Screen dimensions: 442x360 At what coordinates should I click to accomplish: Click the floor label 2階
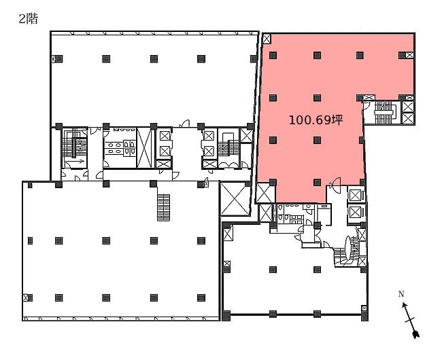28,19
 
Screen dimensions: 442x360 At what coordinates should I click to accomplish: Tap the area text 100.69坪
316,120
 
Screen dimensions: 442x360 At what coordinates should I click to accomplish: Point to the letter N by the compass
401,294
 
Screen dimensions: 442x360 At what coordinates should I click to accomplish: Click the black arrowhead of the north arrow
415,334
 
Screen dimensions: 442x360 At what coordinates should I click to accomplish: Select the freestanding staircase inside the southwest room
163,207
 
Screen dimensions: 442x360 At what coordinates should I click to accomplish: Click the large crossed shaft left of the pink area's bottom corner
235,198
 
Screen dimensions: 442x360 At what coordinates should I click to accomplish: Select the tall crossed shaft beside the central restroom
144,147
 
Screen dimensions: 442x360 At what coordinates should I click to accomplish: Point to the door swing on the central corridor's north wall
185,124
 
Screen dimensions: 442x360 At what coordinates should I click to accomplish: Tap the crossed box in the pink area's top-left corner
267,38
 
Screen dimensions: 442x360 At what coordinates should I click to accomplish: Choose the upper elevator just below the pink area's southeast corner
355,195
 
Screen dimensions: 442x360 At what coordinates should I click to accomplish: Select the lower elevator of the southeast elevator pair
355,212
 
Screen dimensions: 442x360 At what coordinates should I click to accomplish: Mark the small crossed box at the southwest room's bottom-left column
25,298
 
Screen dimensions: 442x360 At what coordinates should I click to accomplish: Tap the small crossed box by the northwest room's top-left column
53,59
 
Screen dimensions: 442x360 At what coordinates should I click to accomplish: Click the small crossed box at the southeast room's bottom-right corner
364,308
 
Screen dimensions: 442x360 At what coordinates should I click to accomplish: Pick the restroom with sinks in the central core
120,147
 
